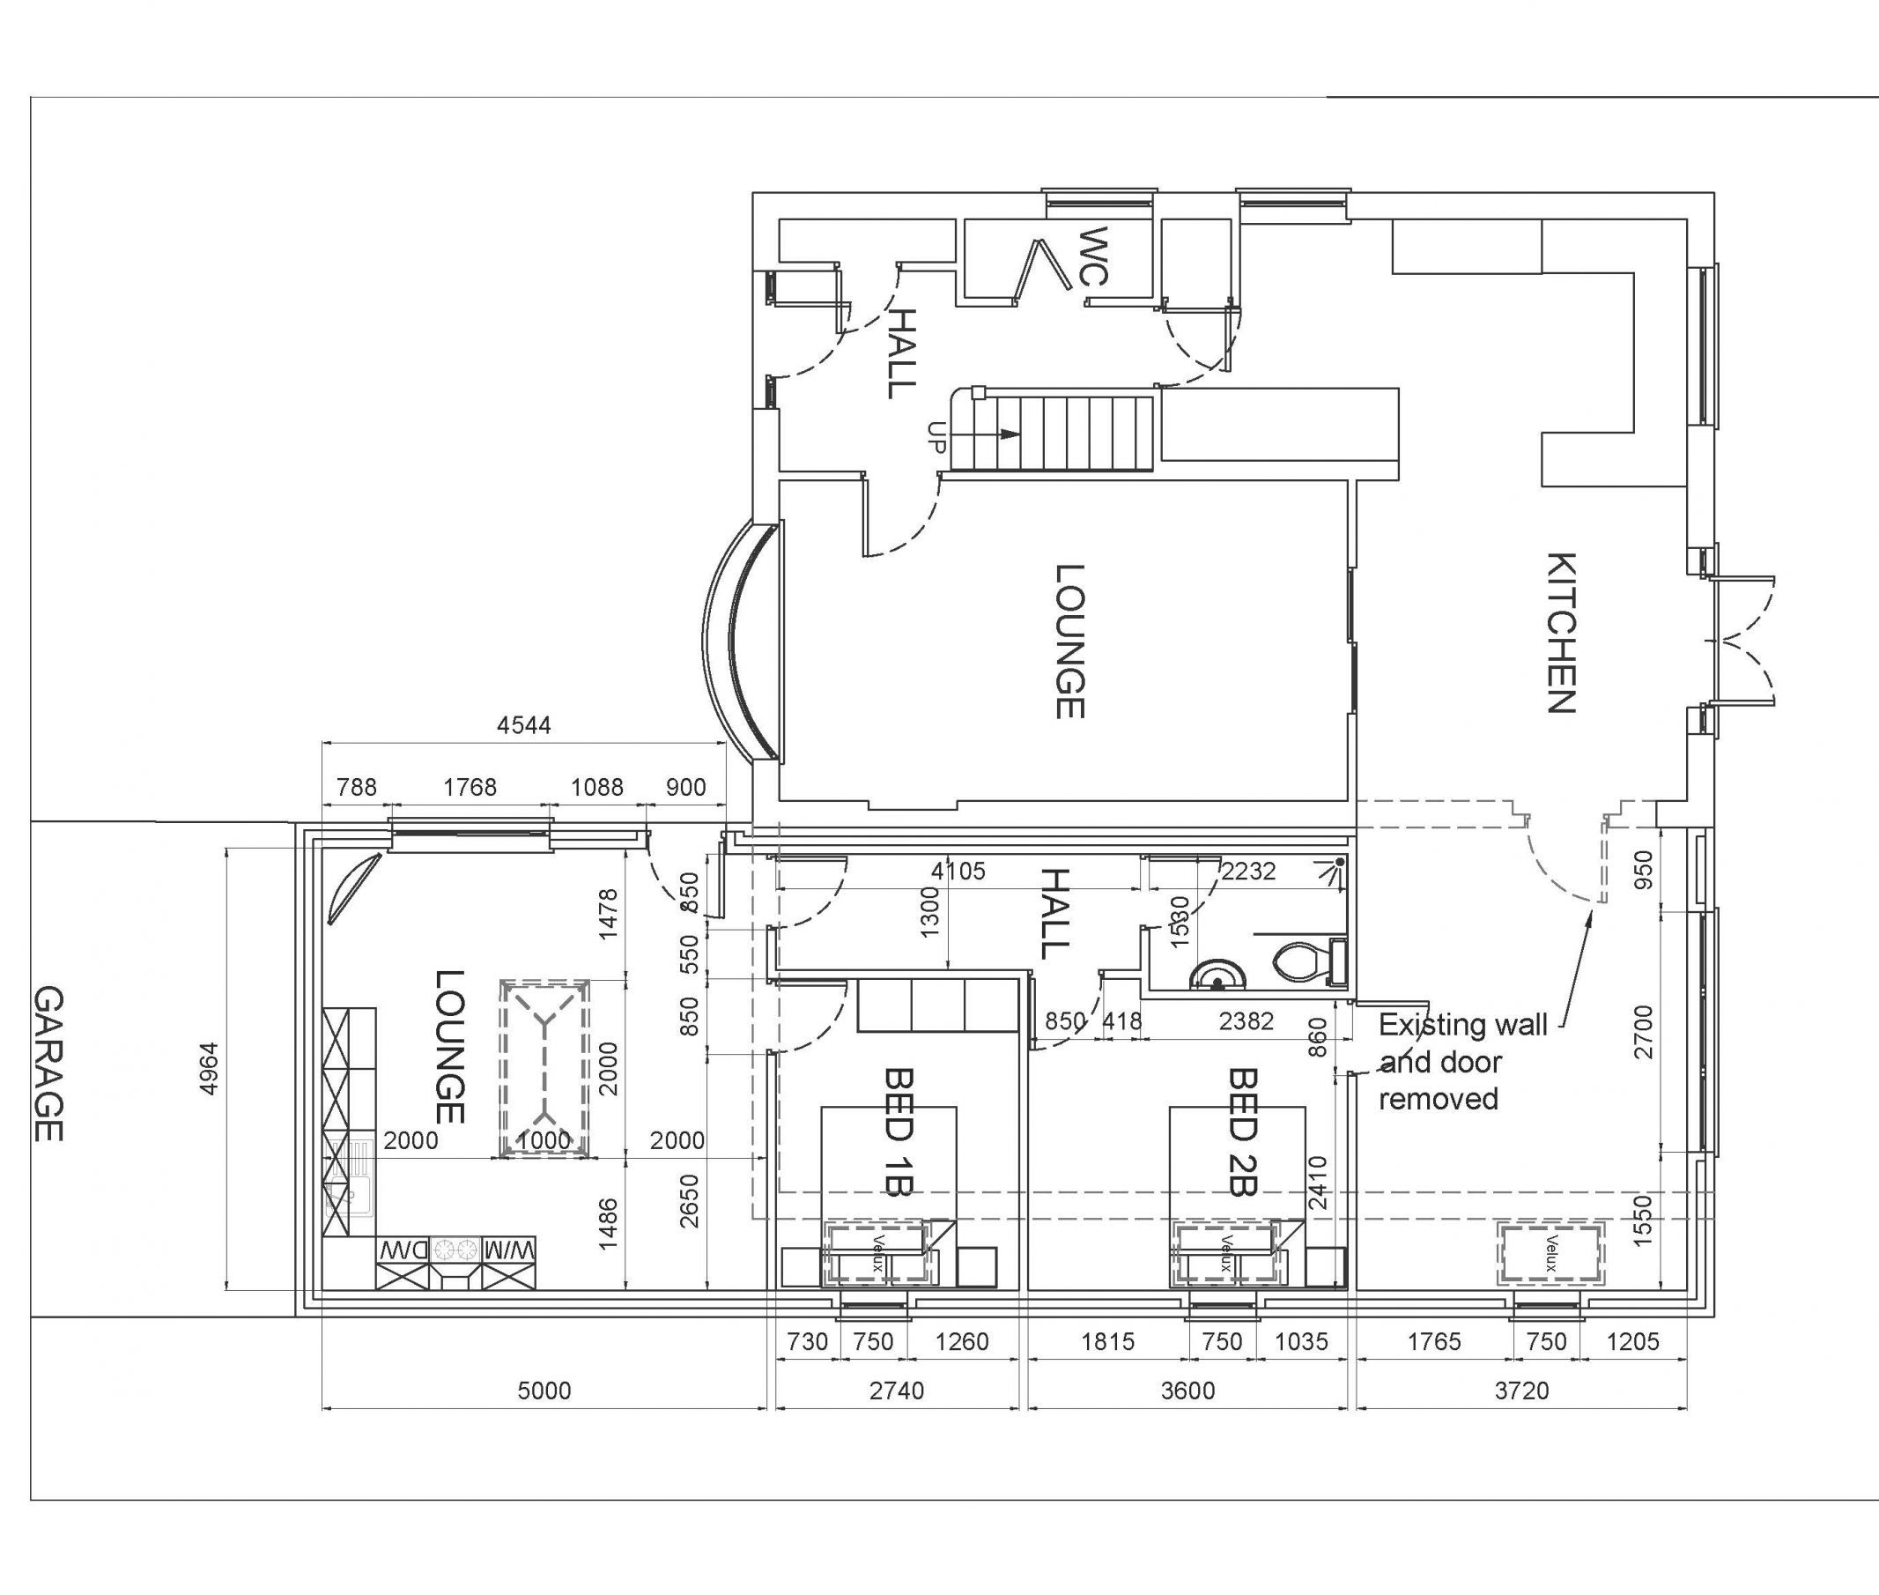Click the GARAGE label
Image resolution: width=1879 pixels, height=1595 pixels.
coord(48,1064)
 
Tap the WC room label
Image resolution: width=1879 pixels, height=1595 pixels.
coord(1093,256)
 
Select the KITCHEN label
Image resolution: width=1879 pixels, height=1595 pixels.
coord(1562,633)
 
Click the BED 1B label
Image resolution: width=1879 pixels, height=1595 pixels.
coord(899,1133)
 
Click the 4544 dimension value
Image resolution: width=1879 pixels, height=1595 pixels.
coord(523,725)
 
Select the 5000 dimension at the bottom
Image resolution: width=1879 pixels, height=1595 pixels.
coord(544,1390)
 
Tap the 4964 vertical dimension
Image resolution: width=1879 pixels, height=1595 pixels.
coord(209,1070)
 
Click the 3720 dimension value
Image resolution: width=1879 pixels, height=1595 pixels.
coord(1521,1390)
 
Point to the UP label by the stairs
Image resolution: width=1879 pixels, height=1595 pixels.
coord(936,438)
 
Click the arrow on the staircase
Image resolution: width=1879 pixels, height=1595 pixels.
coord(1008,435)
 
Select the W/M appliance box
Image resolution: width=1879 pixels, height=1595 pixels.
coord(509,1250)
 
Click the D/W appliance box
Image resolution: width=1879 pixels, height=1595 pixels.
coord(403,1250)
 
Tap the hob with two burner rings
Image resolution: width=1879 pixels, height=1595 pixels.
coord(455,1250)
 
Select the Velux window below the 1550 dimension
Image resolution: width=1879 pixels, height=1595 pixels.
coord(1550,1253)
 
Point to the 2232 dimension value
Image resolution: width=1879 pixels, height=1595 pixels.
coord(1248,871)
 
